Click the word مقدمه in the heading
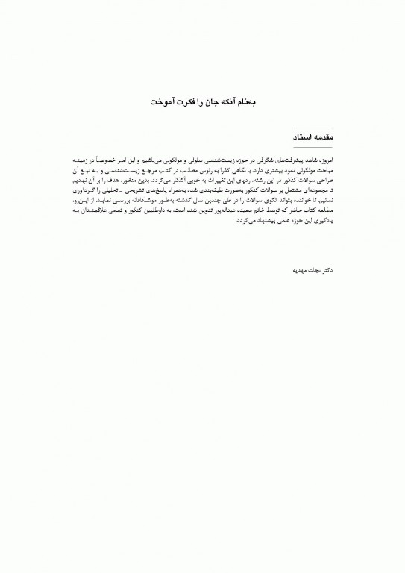[x=319, y=138]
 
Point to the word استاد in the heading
[x=290, y=138]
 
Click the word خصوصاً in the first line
[x=123, y=162]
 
